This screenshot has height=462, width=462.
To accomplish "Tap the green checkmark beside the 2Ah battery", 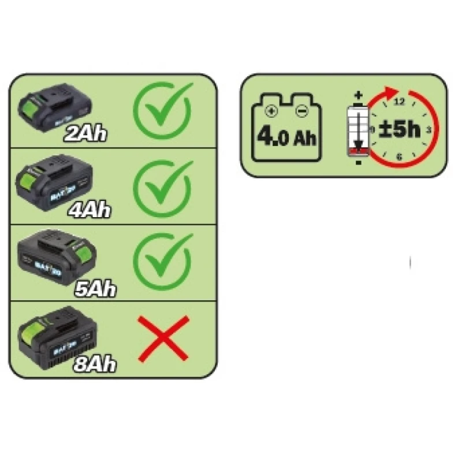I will click(163, 109).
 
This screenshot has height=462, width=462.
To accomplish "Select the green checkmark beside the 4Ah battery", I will click(163, 185).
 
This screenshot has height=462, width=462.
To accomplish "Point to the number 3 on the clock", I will click(428, 129).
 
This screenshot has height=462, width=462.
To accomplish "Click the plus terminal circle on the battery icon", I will click(268, 111).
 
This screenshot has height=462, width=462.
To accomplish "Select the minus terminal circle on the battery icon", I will click(301, 111).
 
